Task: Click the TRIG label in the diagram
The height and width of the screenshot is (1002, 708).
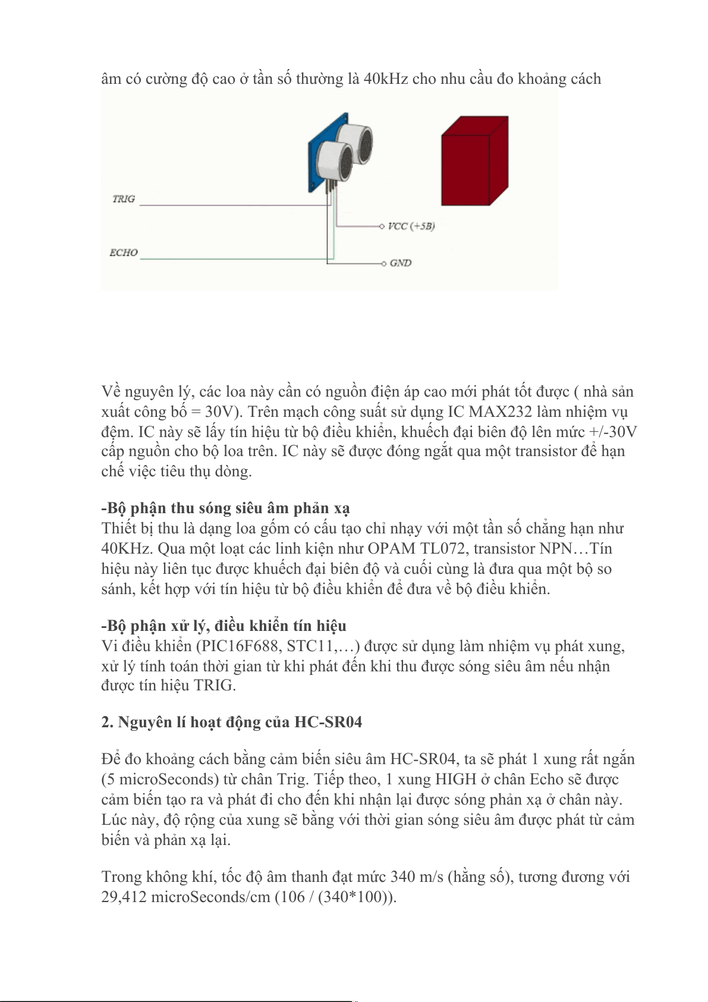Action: pyautogui.click(x=124, y=199)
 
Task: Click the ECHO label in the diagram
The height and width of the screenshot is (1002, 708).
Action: pyautogui.click(x=124, y=253)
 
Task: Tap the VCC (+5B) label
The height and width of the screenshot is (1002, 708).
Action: pyautogui.click(x=411, y=226)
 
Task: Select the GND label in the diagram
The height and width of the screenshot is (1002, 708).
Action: pyautogui.click(x=401, y=263)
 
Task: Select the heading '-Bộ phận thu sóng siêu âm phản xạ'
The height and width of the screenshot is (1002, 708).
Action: pyautogui.click(x=225, y=508)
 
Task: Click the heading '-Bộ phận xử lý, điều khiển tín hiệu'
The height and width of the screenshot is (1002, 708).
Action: pyautogui.click(x=224, y=626)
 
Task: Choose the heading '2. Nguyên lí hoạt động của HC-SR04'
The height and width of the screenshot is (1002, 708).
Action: pyautogui.click(x=231, y=722)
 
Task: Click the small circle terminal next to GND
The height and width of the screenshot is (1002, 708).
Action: pyautogui.click(x=383, y=263)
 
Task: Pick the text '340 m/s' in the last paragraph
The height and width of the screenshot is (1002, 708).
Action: pyautogui.click(x=417, y=877)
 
